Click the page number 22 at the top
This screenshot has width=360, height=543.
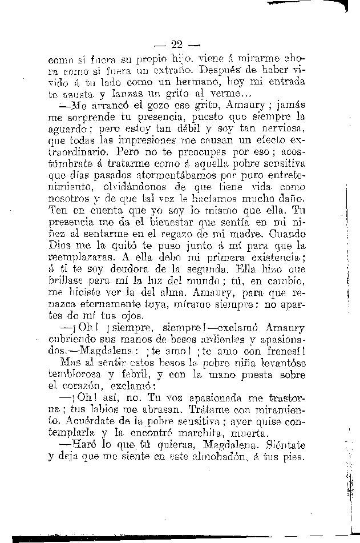(176, 44)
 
